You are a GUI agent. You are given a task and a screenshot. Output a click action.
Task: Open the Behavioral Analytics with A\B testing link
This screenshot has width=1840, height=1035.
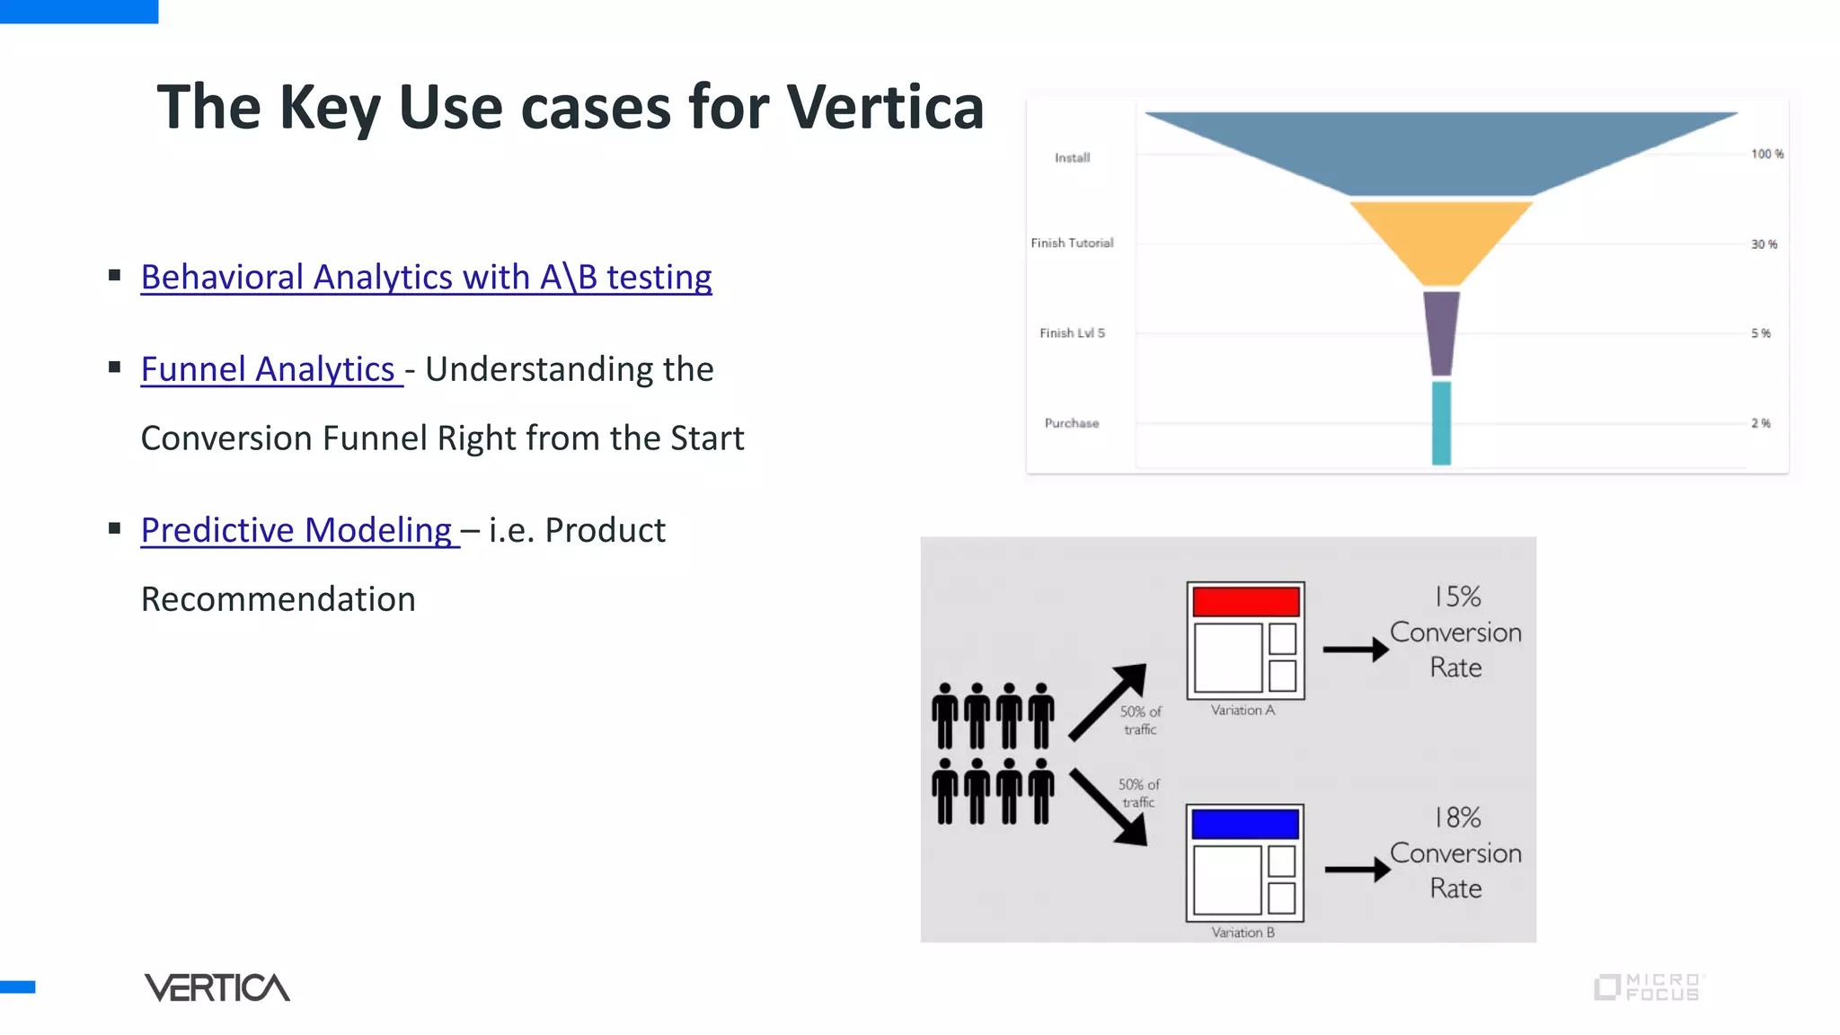[426, 277]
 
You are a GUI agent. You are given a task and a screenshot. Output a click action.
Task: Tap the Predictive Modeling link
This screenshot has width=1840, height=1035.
[296, 530]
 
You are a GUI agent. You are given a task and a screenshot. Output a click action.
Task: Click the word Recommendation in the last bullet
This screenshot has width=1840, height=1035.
[279, 599]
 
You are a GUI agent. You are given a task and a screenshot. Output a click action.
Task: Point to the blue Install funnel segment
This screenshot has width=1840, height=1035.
[1441, 148]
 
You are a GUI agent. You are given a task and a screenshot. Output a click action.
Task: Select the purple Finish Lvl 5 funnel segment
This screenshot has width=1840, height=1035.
[1441, 331]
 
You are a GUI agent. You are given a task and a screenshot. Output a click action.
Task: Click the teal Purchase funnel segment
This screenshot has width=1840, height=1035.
[1441, 422]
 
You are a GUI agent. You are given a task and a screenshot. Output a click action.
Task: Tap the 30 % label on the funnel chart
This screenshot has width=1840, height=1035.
[1764, 244]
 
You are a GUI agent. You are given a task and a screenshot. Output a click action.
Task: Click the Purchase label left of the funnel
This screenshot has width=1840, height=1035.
[1071, 423]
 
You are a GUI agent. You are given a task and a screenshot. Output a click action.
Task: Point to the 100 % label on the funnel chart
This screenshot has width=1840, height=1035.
[1766, 155]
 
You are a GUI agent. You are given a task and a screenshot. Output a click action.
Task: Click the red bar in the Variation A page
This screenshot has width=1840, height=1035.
[1245, 601]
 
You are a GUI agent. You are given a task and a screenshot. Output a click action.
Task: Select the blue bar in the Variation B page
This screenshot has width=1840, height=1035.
[1244, 824]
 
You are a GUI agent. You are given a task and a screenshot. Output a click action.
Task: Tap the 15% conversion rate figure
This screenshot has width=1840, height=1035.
[1456, 597]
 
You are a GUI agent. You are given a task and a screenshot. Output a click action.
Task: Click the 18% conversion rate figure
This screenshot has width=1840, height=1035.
[1456, 818]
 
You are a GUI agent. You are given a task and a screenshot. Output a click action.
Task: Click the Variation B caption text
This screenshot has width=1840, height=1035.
[1243, 933]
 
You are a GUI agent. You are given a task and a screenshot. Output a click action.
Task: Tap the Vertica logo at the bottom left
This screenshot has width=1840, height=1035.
[217, 987]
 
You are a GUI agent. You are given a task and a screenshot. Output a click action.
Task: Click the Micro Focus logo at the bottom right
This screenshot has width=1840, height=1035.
[1649, 987]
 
